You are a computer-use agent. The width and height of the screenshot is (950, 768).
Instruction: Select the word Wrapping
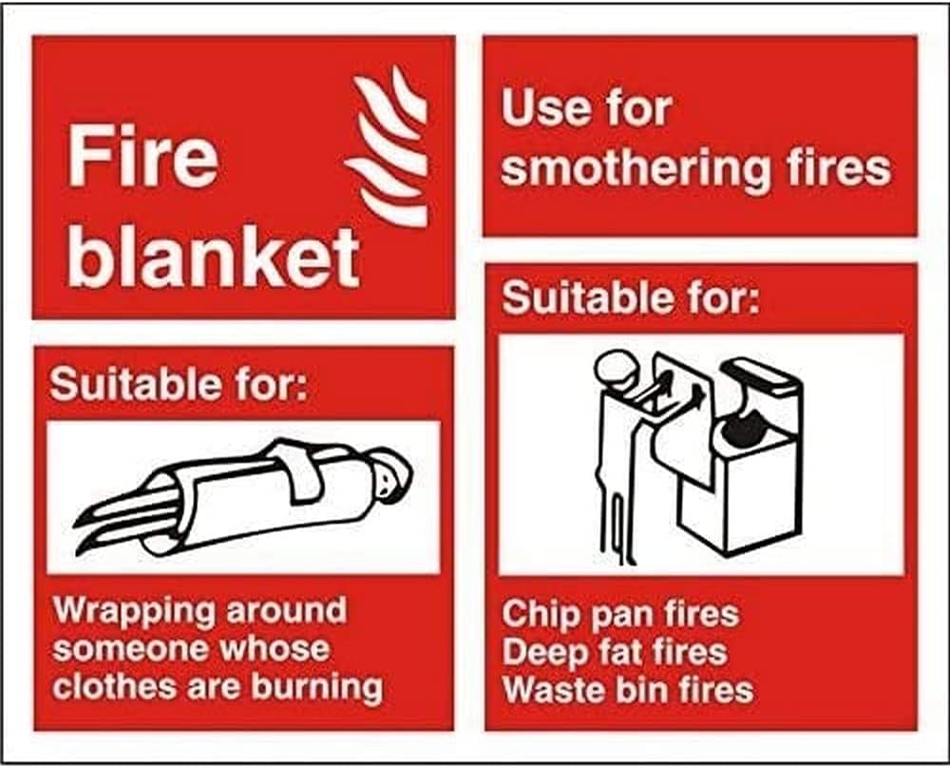(x=132, y=612)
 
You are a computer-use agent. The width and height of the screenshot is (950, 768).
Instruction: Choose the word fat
(x=617, y=652)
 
